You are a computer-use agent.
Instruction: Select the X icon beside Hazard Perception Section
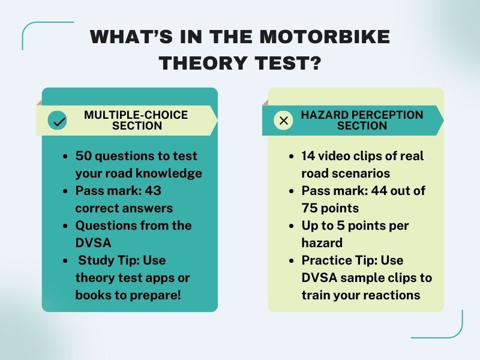click(x=284, y=121)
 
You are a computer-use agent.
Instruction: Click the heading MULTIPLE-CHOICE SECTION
click(x=136, y=120)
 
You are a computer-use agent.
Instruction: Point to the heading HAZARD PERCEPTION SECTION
click(x=362, y=120)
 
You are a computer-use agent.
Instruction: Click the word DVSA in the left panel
click(x=94, y=243)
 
